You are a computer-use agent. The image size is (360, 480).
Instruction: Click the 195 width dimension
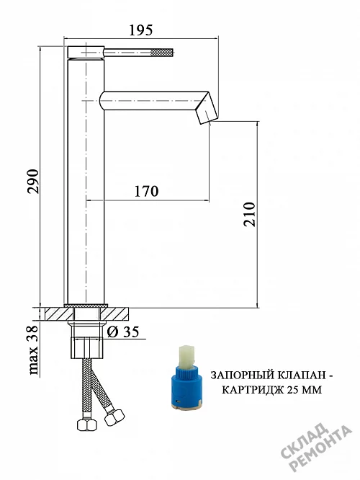point(140,30)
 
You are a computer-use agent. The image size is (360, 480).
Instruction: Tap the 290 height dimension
point(33,181)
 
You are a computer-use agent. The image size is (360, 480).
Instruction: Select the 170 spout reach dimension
point(146,191)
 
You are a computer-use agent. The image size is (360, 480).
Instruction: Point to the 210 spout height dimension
point(249,214)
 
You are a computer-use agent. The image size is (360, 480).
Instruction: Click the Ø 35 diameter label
point(123,332)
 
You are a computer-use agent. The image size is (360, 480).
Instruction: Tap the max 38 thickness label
point(33,350)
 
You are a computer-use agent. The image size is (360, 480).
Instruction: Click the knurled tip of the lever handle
point(163,53)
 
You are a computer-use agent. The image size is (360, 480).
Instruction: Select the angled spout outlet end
point(207,109)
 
